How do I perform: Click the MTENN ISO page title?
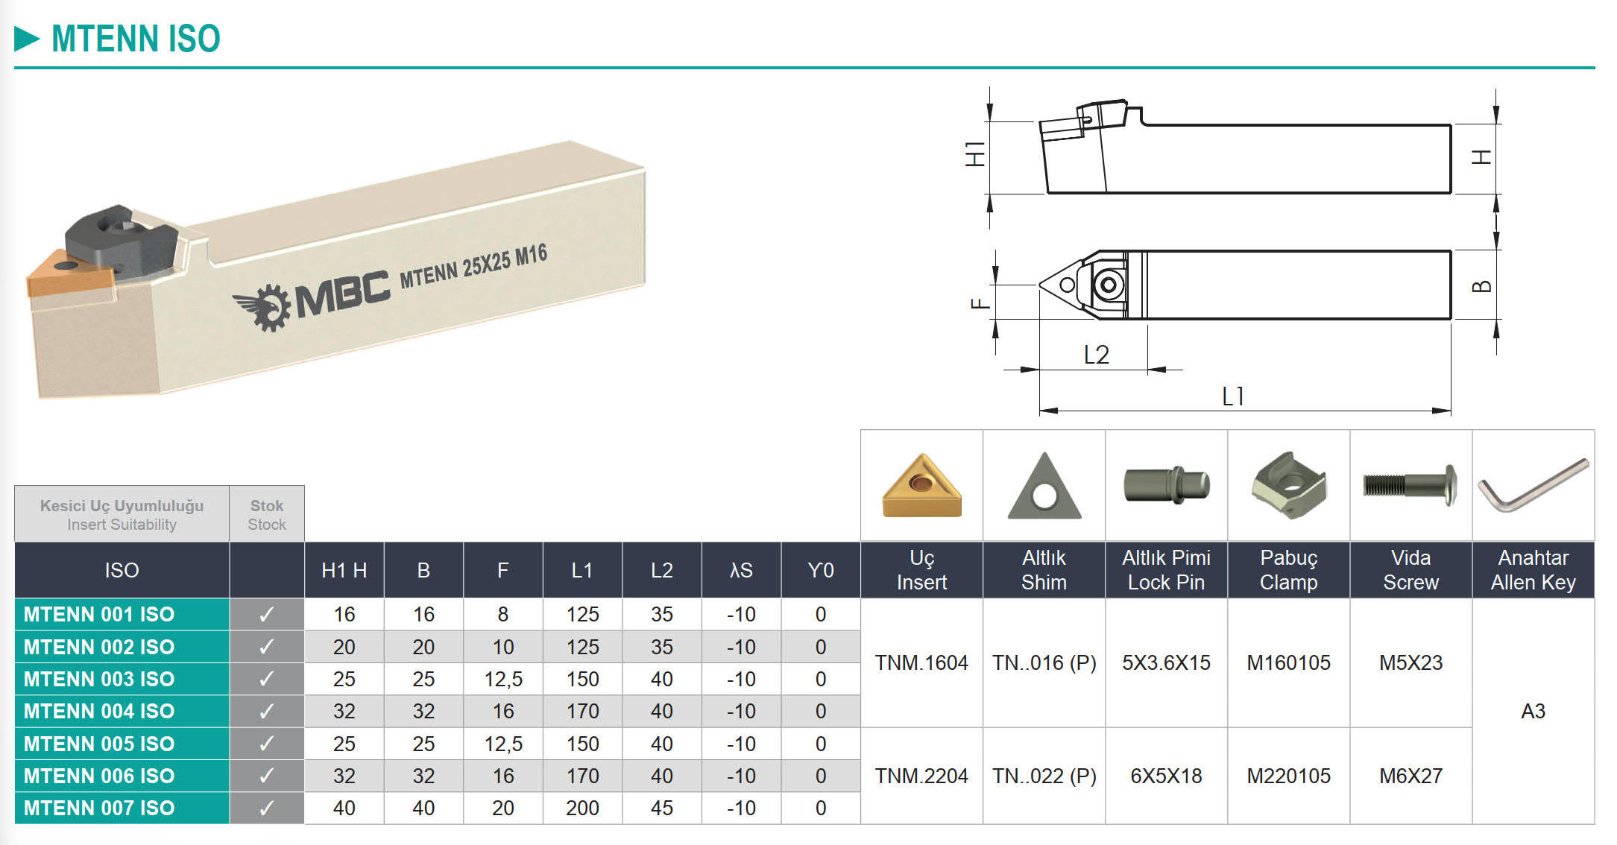[136, 39]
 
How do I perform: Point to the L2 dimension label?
[1096, 355]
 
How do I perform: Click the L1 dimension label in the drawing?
[1233, 396]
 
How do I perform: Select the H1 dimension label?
[975, 154]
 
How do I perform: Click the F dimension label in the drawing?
[980, 303]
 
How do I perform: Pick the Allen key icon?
[1533, 485]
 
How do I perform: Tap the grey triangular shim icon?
[1044, 486]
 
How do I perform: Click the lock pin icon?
[1166, 484]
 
